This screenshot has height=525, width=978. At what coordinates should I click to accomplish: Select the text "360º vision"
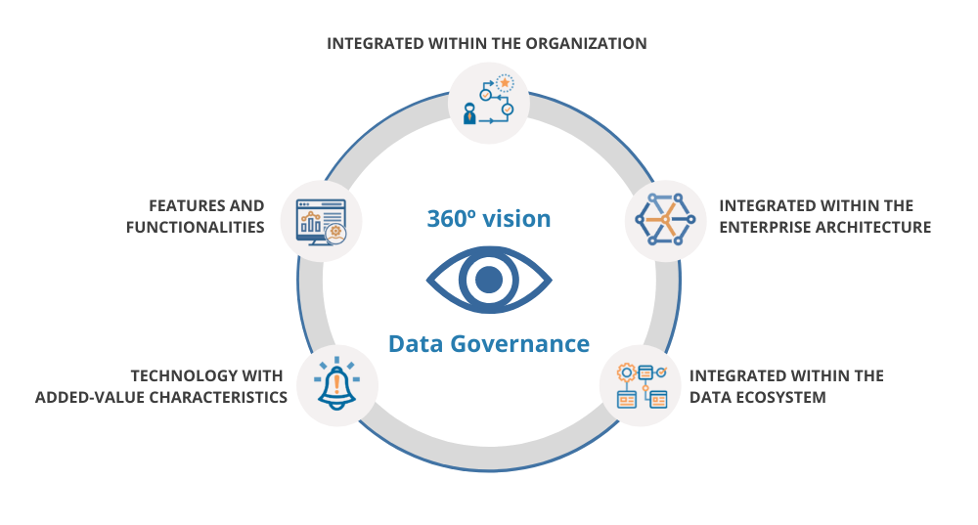489,218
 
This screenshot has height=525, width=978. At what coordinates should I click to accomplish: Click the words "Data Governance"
489,344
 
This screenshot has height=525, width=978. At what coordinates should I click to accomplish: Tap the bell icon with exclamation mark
336,383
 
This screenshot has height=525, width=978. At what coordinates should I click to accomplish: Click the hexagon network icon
665,219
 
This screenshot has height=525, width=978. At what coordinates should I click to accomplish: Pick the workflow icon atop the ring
489,102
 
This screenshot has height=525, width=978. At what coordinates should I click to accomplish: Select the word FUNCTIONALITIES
196,228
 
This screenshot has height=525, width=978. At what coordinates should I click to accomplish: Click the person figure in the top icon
469,113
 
